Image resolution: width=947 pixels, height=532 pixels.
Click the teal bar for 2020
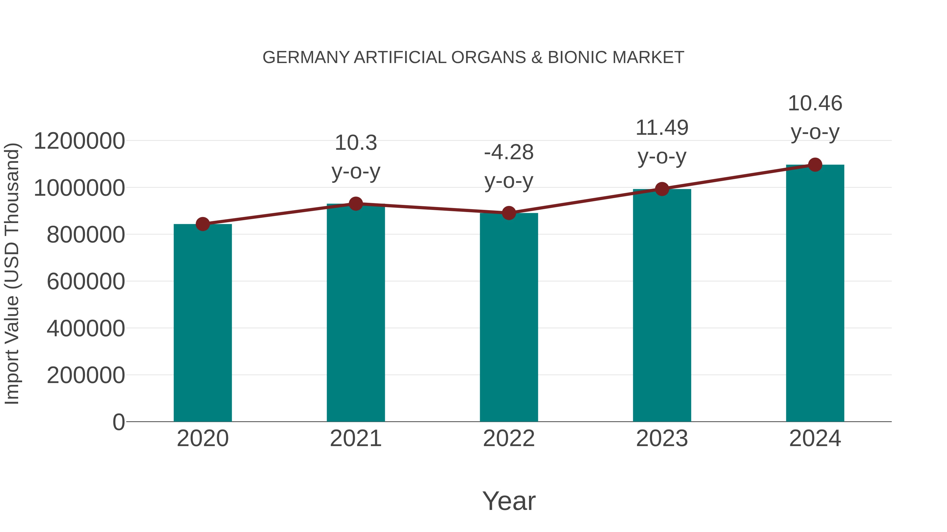(203, 323)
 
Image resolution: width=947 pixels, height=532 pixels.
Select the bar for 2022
(509, 318)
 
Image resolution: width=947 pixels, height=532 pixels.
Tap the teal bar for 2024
(815, 294)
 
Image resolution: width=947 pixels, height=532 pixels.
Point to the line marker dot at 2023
(662, 189)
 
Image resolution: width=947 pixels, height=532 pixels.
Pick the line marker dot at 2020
(203, 224)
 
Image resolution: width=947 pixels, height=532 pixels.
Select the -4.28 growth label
(509, 152)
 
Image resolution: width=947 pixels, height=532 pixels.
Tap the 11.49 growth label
(662, 128)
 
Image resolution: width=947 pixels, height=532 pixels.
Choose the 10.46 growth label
(815, 103)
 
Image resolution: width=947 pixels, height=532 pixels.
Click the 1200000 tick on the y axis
(79, 141)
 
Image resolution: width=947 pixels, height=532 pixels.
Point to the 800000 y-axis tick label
(86, 235)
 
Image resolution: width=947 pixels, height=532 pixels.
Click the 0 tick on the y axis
(118, 422)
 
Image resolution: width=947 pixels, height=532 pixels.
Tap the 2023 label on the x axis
(662, 438)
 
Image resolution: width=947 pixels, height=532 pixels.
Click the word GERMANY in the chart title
(306, 58)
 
